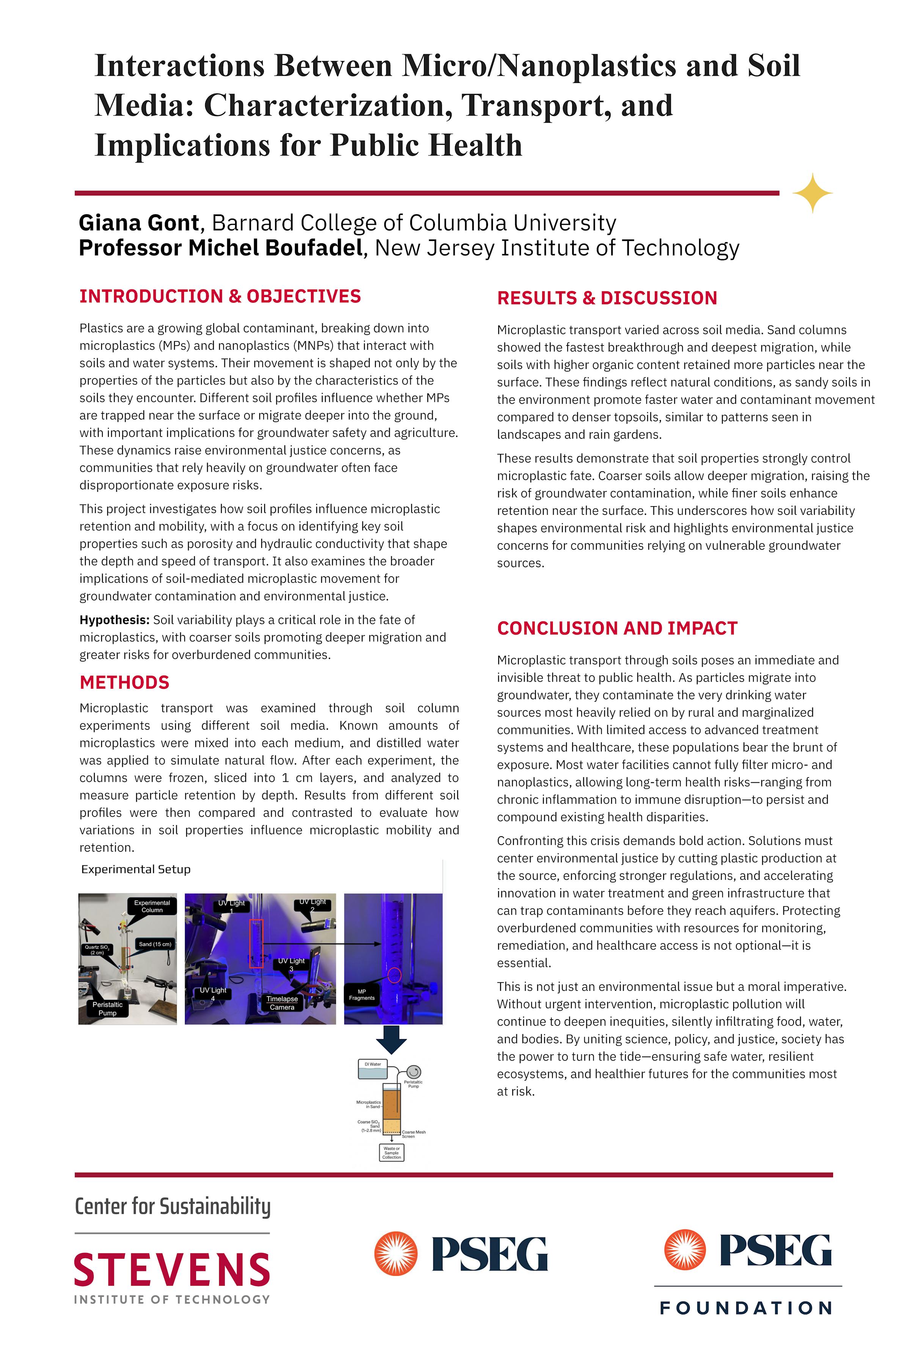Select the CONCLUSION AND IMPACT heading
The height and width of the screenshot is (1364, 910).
point(617,628)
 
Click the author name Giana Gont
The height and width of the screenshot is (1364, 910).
point(139,223)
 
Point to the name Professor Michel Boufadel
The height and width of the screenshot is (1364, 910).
point(221,248)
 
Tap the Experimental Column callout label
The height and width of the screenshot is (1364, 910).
point(152,906)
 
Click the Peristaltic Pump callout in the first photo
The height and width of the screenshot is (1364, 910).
point(107,1009)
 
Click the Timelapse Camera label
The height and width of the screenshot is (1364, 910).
point(282,1003)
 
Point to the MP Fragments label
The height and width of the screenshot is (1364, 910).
point(362,995)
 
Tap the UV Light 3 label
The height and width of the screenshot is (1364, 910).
point(291,964)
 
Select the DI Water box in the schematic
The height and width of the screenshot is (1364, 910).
point(373,1069)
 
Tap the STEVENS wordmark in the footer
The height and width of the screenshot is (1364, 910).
point(172,1270)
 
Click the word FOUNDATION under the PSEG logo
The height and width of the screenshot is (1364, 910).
point(746,1308)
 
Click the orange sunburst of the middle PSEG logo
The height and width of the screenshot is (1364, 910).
point(396,1254)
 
